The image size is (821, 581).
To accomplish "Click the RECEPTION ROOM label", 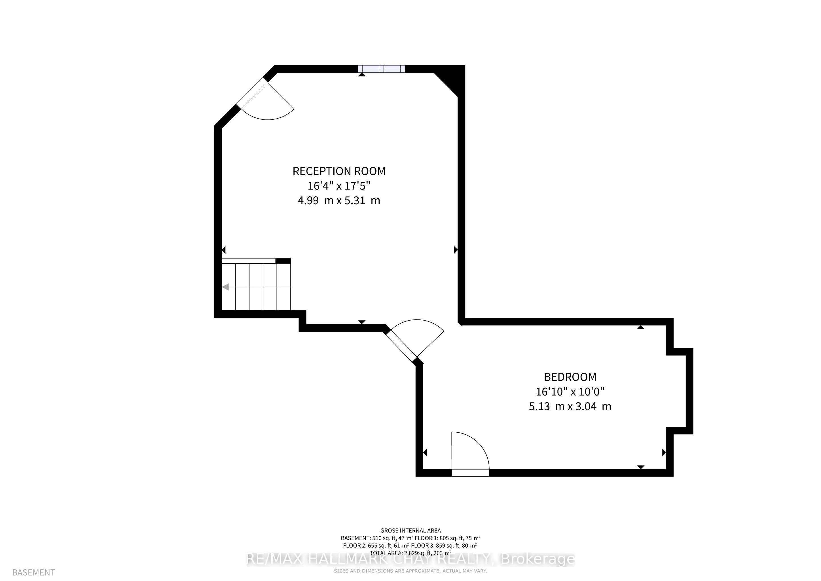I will [x=339, y=171].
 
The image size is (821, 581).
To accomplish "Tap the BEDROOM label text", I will [x=570, y=377].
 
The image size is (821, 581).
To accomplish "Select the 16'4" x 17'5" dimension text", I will [x=339, y=186].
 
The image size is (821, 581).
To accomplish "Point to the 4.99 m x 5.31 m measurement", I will [x=339, y=200].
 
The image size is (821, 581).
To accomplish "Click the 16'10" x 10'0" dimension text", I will [x=570, y=391].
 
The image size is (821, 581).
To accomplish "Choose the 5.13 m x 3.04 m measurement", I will [x=570, y=407].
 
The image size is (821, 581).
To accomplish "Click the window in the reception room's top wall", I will [x=381, y=69].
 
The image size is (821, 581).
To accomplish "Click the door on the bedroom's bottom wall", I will [x=470, y=473].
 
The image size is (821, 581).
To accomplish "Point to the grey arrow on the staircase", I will [x=226, y=287].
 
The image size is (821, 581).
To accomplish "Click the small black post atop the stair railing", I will [x=283, y=261].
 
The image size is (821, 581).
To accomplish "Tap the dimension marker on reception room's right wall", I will [x=456, y=250].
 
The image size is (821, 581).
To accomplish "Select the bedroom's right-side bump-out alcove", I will [x=680, y=391].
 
